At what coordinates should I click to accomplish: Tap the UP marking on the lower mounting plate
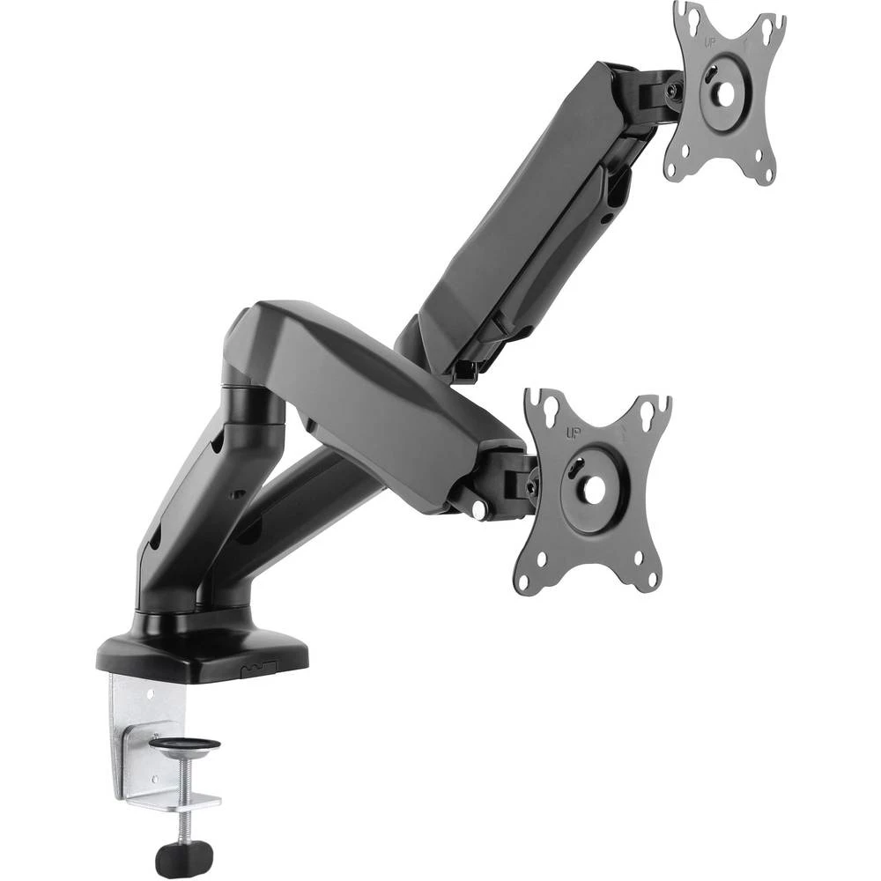coord(572,433)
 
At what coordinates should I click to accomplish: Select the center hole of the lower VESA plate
coord(592,490)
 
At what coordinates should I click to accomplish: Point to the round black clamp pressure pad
coord(184,745)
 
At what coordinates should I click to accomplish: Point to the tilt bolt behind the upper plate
coord(673,90)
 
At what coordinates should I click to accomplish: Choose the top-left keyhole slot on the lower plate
coord(547,406)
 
